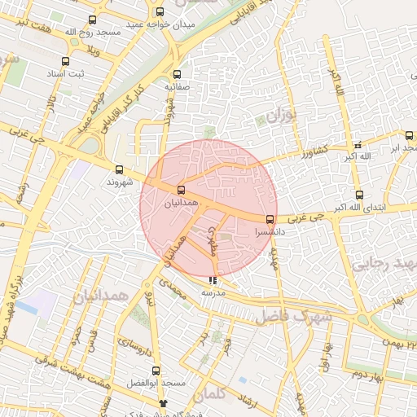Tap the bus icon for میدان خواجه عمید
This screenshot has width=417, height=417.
click(160, 12)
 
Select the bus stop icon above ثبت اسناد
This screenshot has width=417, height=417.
click(66, 61)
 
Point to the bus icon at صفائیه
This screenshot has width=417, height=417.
click(177, 74)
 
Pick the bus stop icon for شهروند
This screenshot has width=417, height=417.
click(120, 170)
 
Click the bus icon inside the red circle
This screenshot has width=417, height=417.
click(181, 189)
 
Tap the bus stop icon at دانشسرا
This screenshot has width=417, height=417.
click(270, 219)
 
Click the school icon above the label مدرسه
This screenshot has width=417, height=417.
click(213, 281)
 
